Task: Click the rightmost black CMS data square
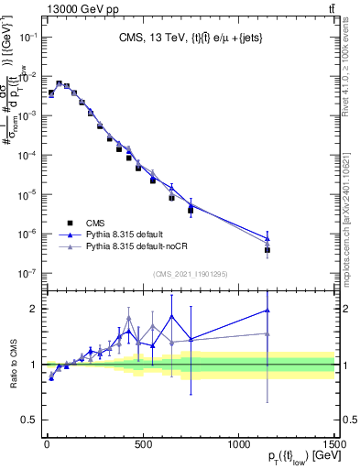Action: coord(267,250)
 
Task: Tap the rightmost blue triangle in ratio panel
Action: coord(267,311)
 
